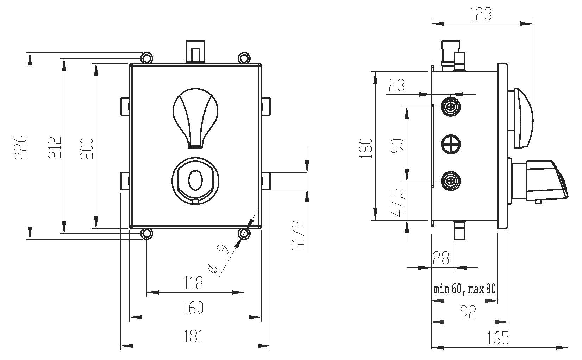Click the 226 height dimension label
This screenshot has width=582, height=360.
coord(20,147)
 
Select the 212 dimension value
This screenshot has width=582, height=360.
coord(55,147)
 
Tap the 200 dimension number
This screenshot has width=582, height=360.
coord(86,149)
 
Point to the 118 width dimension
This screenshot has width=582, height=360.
coord(193,283)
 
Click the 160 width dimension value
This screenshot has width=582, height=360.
coord(193,308)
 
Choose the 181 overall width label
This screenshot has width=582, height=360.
coord(193,336)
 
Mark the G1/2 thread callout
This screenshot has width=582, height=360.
coord(298,235)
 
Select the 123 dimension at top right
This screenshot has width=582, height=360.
coord(481,14)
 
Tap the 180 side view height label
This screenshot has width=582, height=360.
coord(366,148)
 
